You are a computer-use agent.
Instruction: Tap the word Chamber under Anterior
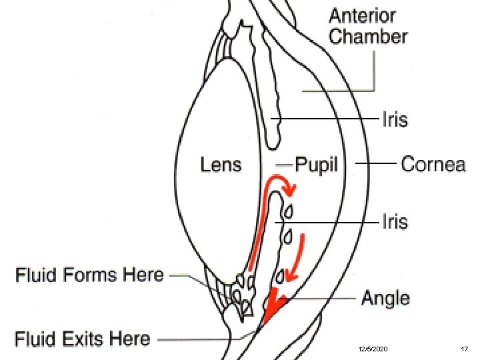(368, 36)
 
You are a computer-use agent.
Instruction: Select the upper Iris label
(394, 120)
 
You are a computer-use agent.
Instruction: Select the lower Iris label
(394, 221)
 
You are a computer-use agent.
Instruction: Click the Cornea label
(433, 164)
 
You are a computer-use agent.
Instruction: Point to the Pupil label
(317, 164)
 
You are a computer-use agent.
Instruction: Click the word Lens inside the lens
(221, 164)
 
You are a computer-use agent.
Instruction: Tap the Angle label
(385, 298)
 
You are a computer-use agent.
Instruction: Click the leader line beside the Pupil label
(285, 163)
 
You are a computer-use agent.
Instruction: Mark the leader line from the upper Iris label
(327, 120)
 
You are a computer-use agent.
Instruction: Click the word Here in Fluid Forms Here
(144, 274)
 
